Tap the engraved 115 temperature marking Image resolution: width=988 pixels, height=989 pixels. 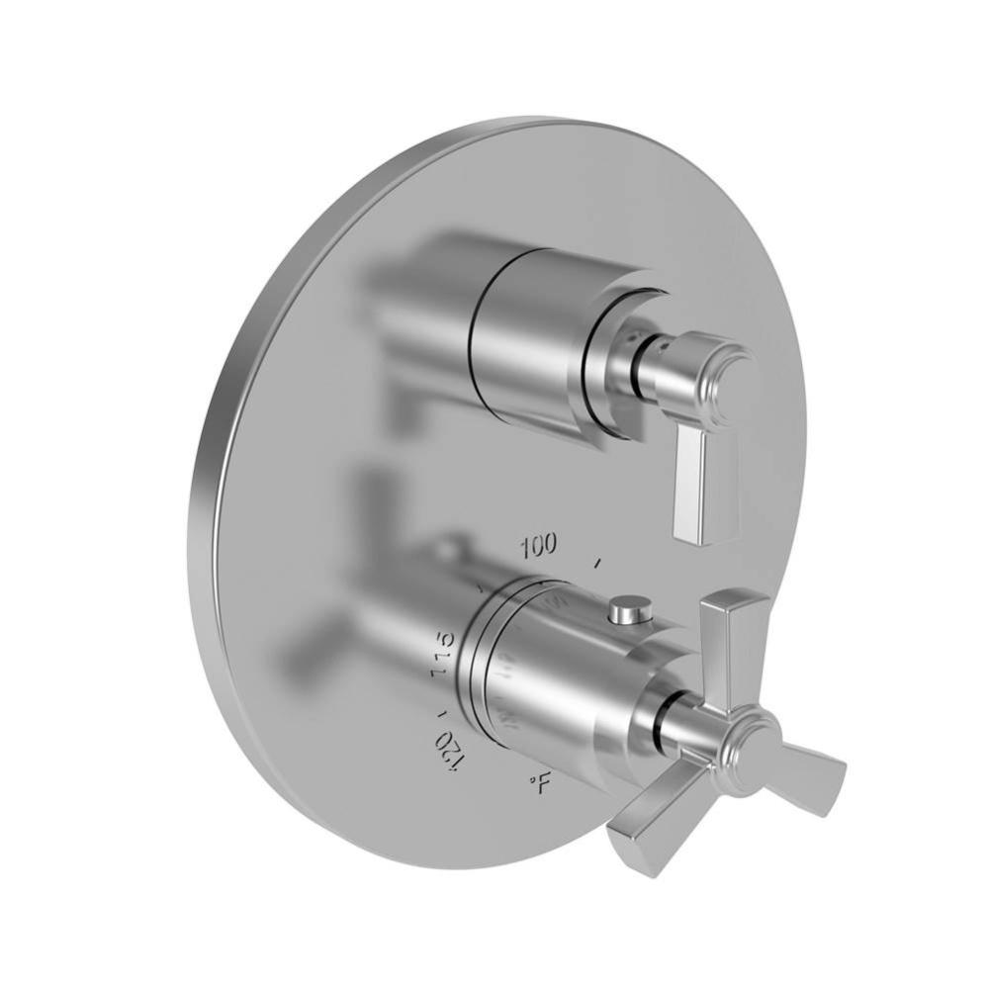click(442, 653)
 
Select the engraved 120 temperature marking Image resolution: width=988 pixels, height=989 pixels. click(451, 741)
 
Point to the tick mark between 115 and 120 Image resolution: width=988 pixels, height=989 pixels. click(441, 708)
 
